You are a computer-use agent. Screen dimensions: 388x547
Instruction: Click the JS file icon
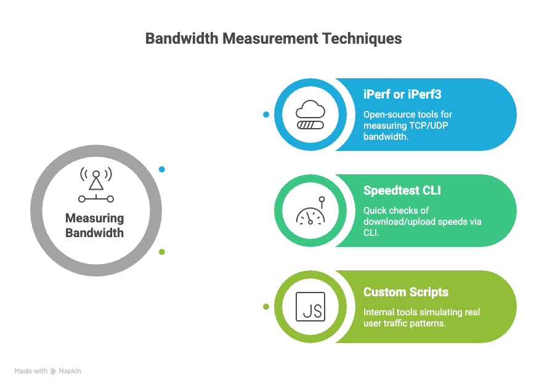310,307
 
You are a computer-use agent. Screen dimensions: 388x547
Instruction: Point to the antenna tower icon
95,184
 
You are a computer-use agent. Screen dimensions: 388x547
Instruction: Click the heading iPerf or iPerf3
402,95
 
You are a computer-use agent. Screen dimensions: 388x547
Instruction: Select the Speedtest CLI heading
402,191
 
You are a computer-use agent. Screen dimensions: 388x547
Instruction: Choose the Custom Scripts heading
406,292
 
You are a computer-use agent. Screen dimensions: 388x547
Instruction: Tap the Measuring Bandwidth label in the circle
95,225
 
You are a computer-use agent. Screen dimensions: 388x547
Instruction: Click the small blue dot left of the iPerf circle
266,115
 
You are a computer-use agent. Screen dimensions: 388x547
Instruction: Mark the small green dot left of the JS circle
266,307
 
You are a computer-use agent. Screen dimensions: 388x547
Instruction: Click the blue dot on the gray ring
162,169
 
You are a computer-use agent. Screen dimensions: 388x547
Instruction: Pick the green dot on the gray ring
162,252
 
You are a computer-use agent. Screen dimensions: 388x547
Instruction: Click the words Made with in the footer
31,371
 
